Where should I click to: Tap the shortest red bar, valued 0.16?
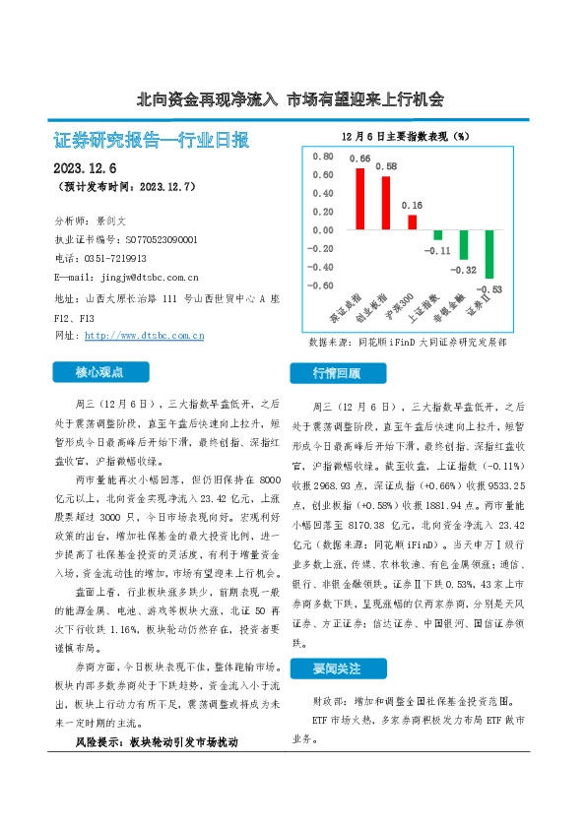[x=412, y=222]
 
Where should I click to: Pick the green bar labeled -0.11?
[x=437, y=234]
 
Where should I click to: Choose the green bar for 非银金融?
[x=463, y=244]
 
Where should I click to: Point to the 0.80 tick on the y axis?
[x=321, y=157]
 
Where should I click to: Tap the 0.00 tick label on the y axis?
[x=321, y=230]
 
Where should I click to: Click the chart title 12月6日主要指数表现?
[x=404, y=135]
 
